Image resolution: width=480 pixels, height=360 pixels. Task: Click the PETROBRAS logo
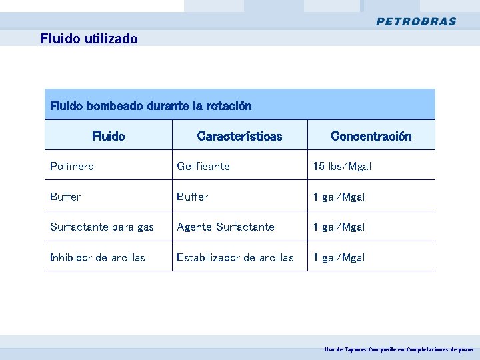416,21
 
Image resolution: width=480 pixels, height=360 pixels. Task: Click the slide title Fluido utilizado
89,39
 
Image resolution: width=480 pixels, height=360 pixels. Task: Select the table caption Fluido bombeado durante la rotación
151,105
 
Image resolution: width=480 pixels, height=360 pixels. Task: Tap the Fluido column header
108,136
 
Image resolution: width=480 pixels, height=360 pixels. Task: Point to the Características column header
239,136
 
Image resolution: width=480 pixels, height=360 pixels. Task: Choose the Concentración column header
371,136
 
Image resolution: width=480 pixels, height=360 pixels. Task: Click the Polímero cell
72,166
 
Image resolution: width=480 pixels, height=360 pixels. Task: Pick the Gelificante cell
203,166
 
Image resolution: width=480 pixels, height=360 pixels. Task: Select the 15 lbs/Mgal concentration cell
342,166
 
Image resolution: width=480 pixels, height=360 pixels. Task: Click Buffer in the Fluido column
65,197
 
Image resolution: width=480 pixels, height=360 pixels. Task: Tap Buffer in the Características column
192,197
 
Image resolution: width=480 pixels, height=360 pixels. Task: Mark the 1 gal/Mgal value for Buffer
339,197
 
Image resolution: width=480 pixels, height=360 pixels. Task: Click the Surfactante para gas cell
101,227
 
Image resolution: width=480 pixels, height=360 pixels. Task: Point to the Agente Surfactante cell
225,227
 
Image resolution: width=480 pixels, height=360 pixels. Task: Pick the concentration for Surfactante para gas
339,227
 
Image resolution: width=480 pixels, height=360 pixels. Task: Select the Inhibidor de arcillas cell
97,257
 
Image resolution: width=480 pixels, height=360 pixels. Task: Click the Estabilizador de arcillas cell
235,257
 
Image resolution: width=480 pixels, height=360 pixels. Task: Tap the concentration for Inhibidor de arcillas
339,257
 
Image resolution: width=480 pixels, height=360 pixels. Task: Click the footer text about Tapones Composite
399,349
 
